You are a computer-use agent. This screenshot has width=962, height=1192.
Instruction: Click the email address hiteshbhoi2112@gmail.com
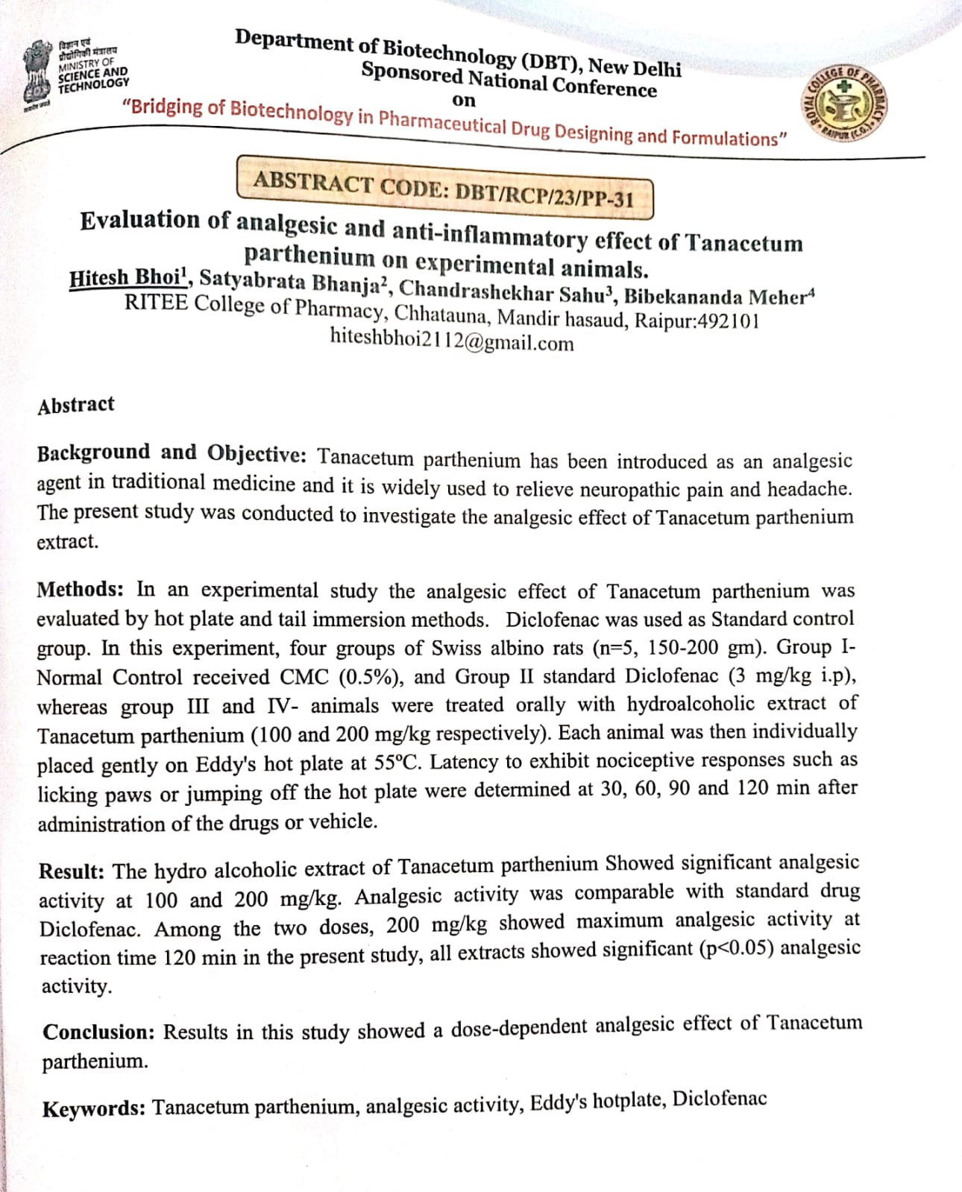pos(452,341)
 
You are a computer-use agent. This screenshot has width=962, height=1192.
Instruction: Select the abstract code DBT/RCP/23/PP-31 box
pos(444,188)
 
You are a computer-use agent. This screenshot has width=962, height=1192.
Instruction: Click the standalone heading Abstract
pos(76,405)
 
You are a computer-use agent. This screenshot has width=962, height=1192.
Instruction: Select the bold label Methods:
pos(81,590)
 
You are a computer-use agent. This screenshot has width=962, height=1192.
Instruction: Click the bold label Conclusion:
pos(98,1032)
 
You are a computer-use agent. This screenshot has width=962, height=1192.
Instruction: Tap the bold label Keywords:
pos(93,1109)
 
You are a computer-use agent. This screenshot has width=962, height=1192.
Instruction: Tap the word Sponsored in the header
pos(412,73)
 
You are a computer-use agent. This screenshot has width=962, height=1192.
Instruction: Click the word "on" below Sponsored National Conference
pos(463,101)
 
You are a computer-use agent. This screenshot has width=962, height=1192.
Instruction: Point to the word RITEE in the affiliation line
pos(156,303)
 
